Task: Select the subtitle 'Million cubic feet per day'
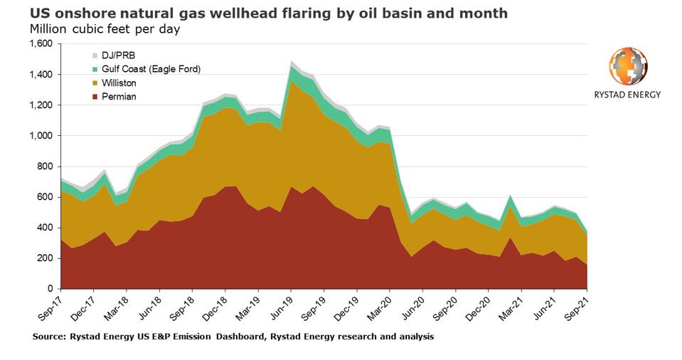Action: [x=105, y=30]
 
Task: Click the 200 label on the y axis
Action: [x=46, y=258]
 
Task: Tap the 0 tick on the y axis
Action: [x=50, y=289]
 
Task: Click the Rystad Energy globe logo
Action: [x=628, y=66]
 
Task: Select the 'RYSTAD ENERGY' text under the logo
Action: [x=628, y=95]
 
